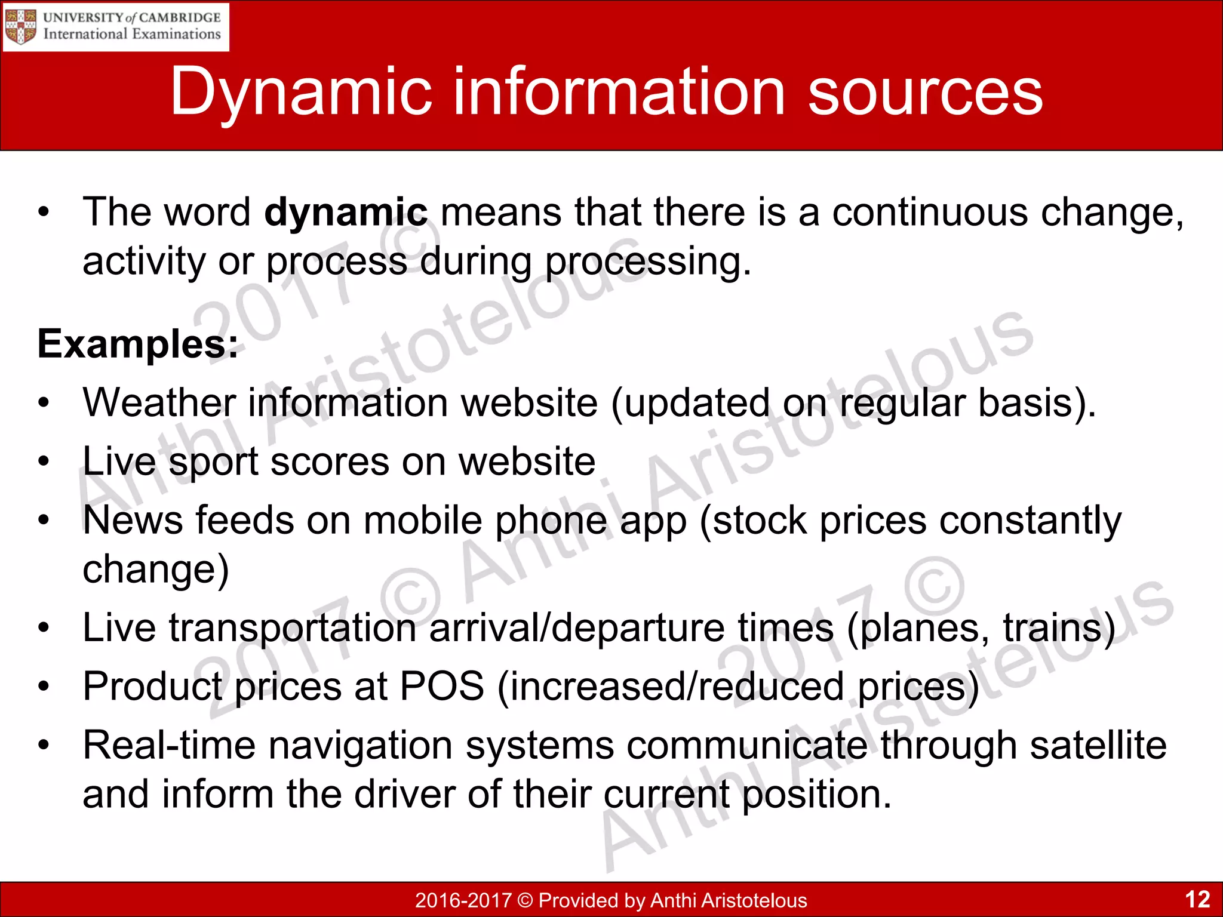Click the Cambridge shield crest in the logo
pyautogui.click(x=20, y=26)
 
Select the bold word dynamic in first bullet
pyautogui.click(x=346, y=212)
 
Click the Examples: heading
pyautogui.click(x=137, y=344)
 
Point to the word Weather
pyautogui.click(x=159, y=402)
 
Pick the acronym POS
pyautogui.click(x=442, y=686)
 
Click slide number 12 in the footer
pyautogui.click(x=1197, y=899)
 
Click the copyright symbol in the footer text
pyautogui.click(x=525, y=900)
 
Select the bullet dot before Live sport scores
pyautogui.click(x=43, y=461)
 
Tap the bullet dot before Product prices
pyautogui.click(x=43, y=687)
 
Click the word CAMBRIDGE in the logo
pyautogui.click(x=180, y=17)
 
